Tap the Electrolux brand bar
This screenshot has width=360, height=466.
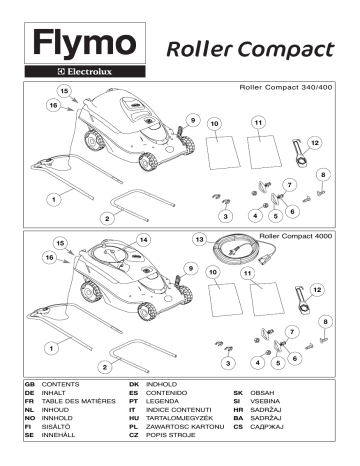click(x=74, y=72)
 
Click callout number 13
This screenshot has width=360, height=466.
click(x=198, y=239)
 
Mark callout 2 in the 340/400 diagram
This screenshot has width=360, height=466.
click(x=107, y=216)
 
